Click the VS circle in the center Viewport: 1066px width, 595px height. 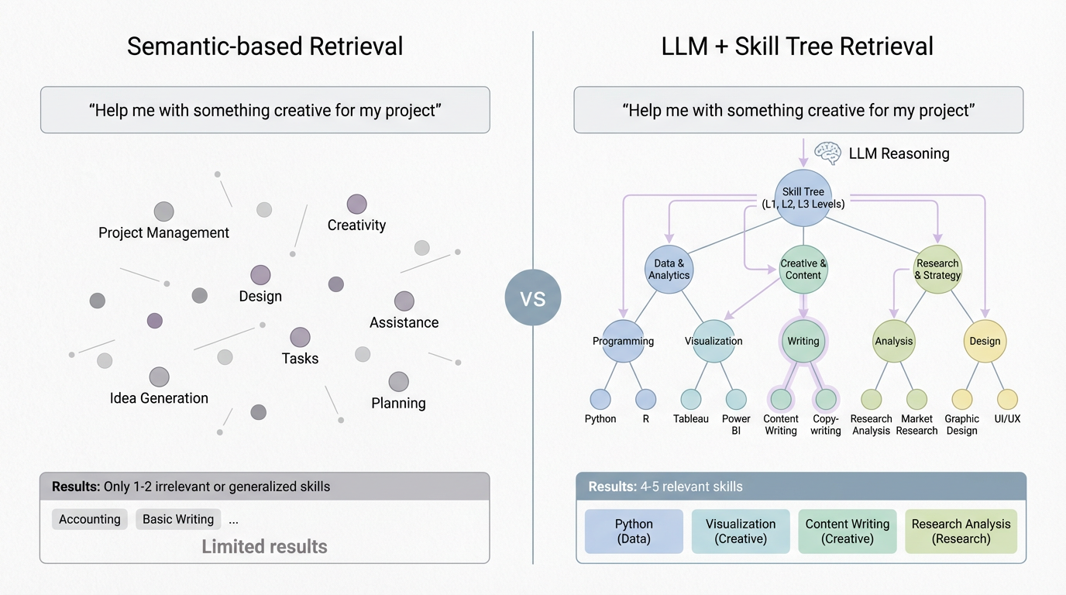[533, 297]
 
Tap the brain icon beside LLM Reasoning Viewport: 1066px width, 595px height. [827, 153]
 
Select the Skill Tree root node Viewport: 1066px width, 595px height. [803, 198]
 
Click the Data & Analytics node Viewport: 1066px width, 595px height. [669, 270]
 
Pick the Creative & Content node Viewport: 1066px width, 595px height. [803, 270]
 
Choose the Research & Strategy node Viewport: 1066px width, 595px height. [937, 270]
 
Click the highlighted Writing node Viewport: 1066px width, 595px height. [803, 341]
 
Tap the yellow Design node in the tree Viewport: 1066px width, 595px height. [985, 341]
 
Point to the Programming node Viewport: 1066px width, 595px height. [623, 341]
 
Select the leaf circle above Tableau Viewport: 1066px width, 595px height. [691, 400]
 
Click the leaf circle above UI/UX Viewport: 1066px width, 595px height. [1007, 400]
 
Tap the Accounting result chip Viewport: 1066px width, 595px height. [90, 519]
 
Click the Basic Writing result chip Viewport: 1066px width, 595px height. [178, 519]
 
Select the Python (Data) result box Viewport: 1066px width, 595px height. [634, 531]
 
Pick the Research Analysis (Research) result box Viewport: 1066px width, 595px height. [961, 531]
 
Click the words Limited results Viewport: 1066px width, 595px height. [264, 546]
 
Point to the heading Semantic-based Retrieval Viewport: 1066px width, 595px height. [265, 46]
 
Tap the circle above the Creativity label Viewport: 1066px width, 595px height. [356, 205]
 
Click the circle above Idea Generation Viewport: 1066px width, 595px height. [160, 377]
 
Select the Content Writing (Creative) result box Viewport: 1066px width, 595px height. [848, 531]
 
